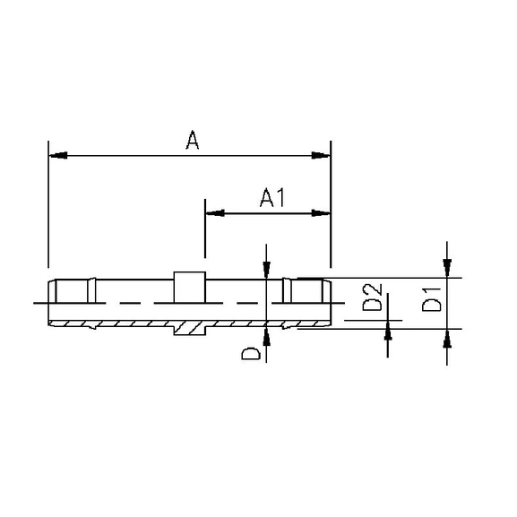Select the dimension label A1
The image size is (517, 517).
click(x=271, y=198)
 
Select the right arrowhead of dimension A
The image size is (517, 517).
click(x=322, y=156)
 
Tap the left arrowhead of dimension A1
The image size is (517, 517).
click(x=214, y=213)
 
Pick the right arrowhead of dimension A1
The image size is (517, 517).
click(x=322, y=213)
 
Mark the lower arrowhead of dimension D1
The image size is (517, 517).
click(x=447, y=338)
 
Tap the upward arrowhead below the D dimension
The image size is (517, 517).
click(x=266, y=338)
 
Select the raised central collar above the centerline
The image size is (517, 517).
click(x=188, y=287)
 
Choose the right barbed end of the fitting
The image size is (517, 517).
click(x=307, y=302)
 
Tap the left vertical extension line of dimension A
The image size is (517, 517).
click(x=47, y=206)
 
